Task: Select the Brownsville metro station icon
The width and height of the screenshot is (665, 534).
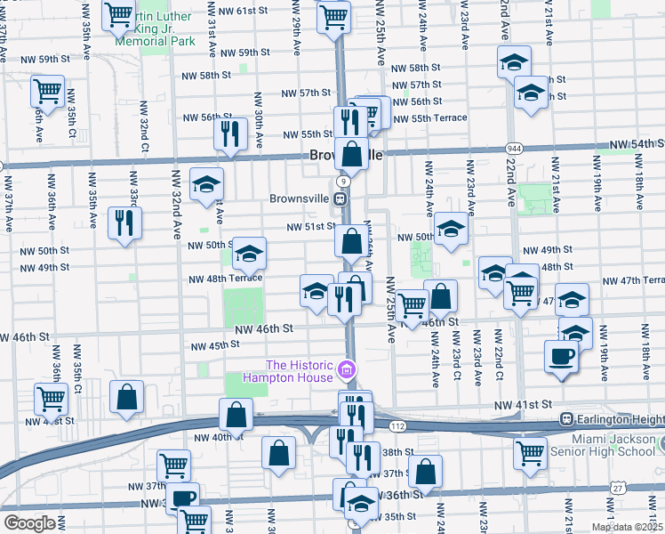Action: pos(341,198)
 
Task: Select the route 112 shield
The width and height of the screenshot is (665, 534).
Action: pos(397,427)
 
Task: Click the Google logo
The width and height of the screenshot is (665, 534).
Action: pos(29,523)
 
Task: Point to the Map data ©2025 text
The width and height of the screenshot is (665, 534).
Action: pos(627,527)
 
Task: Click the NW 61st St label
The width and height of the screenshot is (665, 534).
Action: pos(247,10)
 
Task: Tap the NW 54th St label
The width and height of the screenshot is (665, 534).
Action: pos(637,144)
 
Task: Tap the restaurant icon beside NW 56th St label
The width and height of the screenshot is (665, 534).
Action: pos(230,133)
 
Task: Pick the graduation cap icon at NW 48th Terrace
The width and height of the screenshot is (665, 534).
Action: pos(250,253)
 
